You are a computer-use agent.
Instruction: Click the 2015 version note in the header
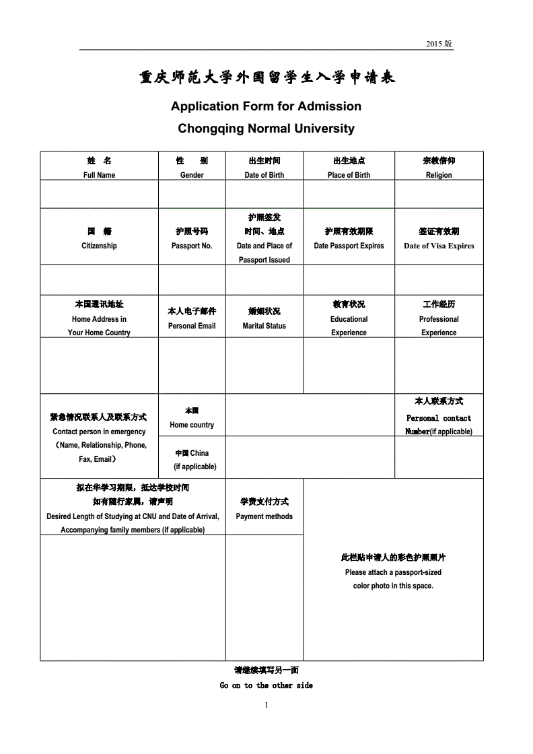439,44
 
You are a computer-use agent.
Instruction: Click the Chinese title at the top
267,78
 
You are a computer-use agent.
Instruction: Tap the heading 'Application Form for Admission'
266,106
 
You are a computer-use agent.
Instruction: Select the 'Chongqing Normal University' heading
266,128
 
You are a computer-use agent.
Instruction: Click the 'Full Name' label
99,175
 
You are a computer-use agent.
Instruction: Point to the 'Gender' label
192,175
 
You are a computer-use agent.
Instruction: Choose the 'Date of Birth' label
264,175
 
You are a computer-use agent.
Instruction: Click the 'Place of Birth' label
349,175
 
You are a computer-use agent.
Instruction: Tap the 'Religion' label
439,175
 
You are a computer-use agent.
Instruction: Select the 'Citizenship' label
99,246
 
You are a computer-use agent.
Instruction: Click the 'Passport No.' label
192,246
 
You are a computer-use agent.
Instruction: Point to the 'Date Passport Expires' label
349,246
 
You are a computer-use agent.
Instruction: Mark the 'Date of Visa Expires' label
439,246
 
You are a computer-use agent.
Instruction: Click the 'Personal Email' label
192,326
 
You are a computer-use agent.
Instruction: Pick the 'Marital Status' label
264,326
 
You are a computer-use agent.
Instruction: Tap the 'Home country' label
192,425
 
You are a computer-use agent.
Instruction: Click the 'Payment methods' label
264,516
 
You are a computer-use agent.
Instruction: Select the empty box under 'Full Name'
99,194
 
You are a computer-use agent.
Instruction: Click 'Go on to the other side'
266,685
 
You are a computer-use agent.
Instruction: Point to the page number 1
266,705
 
